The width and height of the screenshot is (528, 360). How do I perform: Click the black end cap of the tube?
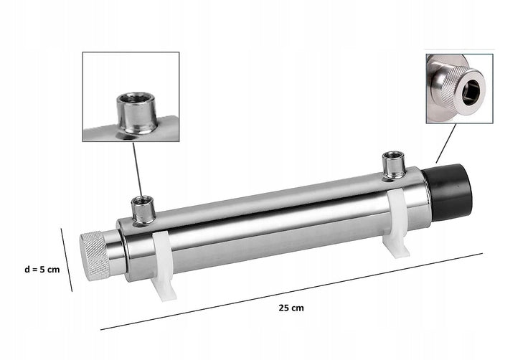click(448, 192)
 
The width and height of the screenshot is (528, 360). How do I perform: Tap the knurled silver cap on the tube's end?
click(94, 256)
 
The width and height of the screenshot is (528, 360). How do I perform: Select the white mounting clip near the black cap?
click(397, 222)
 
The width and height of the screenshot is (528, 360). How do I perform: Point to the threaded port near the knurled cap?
click(143, 210)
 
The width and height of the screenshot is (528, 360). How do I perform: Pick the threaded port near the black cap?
click(395, 165)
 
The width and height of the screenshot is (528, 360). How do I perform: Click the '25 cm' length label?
click(291, 308)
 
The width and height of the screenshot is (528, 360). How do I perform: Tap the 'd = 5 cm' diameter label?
click(42, 270)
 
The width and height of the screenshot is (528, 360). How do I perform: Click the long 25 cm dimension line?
click(291, 291)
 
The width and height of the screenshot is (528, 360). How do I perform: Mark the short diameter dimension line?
click(66, 260)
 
